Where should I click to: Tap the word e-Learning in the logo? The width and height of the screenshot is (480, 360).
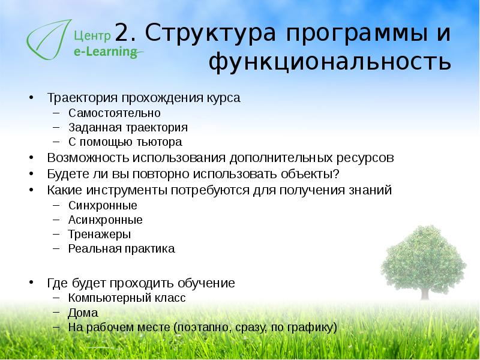coord(106,52)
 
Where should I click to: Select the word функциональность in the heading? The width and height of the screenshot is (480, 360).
coord(330,61)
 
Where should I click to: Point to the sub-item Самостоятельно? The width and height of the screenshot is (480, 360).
coord(114,112)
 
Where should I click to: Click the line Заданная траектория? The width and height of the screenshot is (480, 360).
coord(128,127)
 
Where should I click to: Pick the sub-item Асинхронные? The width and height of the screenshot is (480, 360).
coord(105,220)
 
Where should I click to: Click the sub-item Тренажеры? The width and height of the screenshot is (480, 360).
coord(99,234)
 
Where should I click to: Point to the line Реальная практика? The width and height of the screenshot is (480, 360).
coord(121,248)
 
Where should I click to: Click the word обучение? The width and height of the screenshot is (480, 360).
coord(207,283)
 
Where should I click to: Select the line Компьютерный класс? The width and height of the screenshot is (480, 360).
coord(127,298)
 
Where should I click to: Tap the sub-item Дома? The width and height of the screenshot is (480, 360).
coord(83,313)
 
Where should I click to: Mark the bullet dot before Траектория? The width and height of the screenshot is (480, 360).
coord(31,98)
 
